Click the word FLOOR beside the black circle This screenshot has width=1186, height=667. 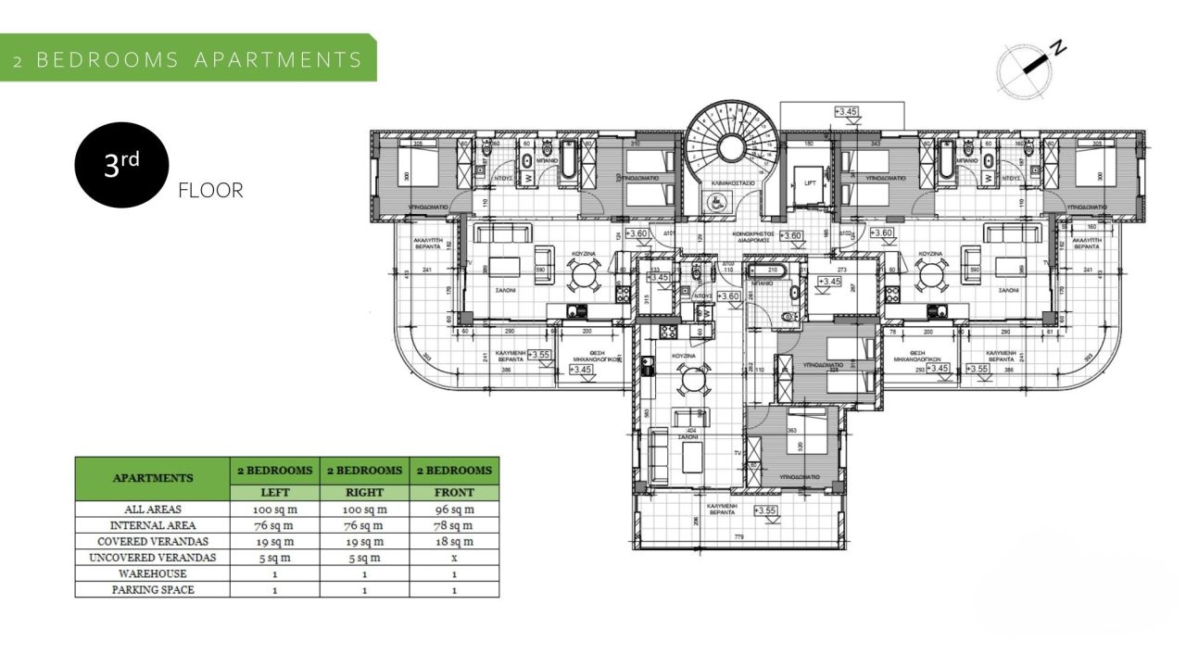click(210, 192)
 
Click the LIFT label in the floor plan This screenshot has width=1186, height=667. click(810, 183)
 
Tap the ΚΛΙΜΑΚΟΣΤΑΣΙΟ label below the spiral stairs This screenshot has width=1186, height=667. click(733, 183)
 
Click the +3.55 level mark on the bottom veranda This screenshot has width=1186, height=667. click(765, 510)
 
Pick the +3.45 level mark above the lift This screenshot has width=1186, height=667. click(846, 112)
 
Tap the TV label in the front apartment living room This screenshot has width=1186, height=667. click(738, 453)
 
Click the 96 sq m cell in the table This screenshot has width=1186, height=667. click(454, 510)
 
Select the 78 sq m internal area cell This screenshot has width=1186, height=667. click(454, 525)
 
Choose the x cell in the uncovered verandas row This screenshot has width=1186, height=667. click(454, 558)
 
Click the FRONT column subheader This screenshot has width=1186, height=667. click(454, 493)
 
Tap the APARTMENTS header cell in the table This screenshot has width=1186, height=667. click(152, 478)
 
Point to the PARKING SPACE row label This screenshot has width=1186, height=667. click(152, 589)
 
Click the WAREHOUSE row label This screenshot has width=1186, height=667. click(152, 573)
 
